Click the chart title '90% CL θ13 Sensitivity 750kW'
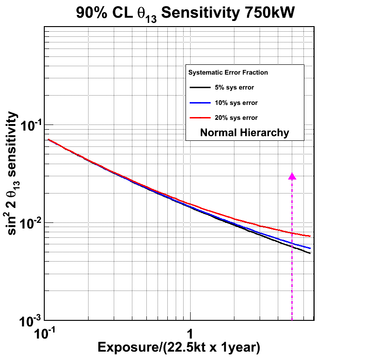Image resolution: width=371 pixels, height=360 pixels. pos(185,13)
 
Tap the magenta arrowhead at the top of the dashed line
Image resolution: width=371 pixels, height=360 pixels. pos(292,176)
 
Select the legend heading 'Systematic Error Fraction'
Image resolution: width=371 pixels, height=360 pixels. pos(228,73)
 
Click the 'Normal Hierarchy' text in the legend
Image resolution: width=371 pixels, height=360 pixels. pos(245,132)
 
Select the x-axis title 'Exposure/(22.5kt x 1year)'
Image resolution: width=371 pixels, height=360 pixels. pos(179,347)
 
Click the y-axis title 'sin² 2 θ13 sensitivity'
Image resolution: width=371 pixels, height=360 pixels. pos(15,173)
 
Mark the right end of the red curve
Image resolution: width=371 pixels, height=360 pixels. pos(310,236)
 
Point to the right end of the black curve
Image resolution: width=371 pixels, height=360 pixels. pos(310,253)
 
